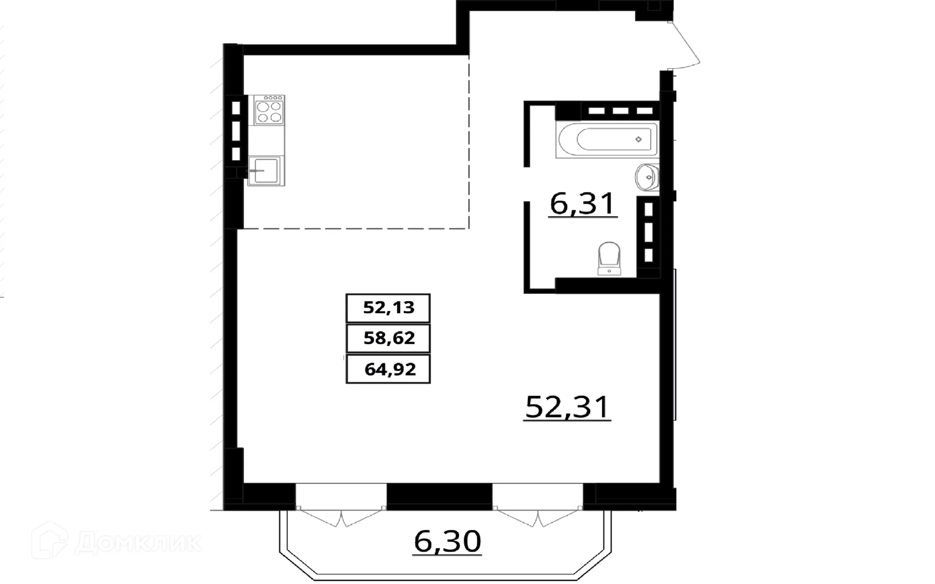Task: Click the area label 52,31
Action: coord(567,407)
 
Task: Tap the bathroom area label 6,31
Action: coord(582,204)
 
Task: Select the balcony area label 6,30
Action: coord(447,541)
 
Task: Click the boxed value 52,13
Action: coord(388,308)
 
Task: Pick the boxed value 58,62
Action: coord(388,338)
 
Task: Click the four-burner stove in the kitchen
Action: coord(269,111)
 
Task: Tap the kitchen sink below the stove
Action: coord(266,171)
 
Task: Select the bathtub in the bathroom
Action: coord(606,139)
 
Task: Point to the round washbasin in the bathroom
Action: coord(647,177)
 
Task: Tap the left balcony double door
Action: coord(341,518)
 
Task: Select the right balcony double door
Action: coord(538,518)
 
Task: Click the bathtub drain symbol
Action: coord(638,139)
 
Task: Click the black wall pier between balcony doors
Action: coord(439,496)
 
